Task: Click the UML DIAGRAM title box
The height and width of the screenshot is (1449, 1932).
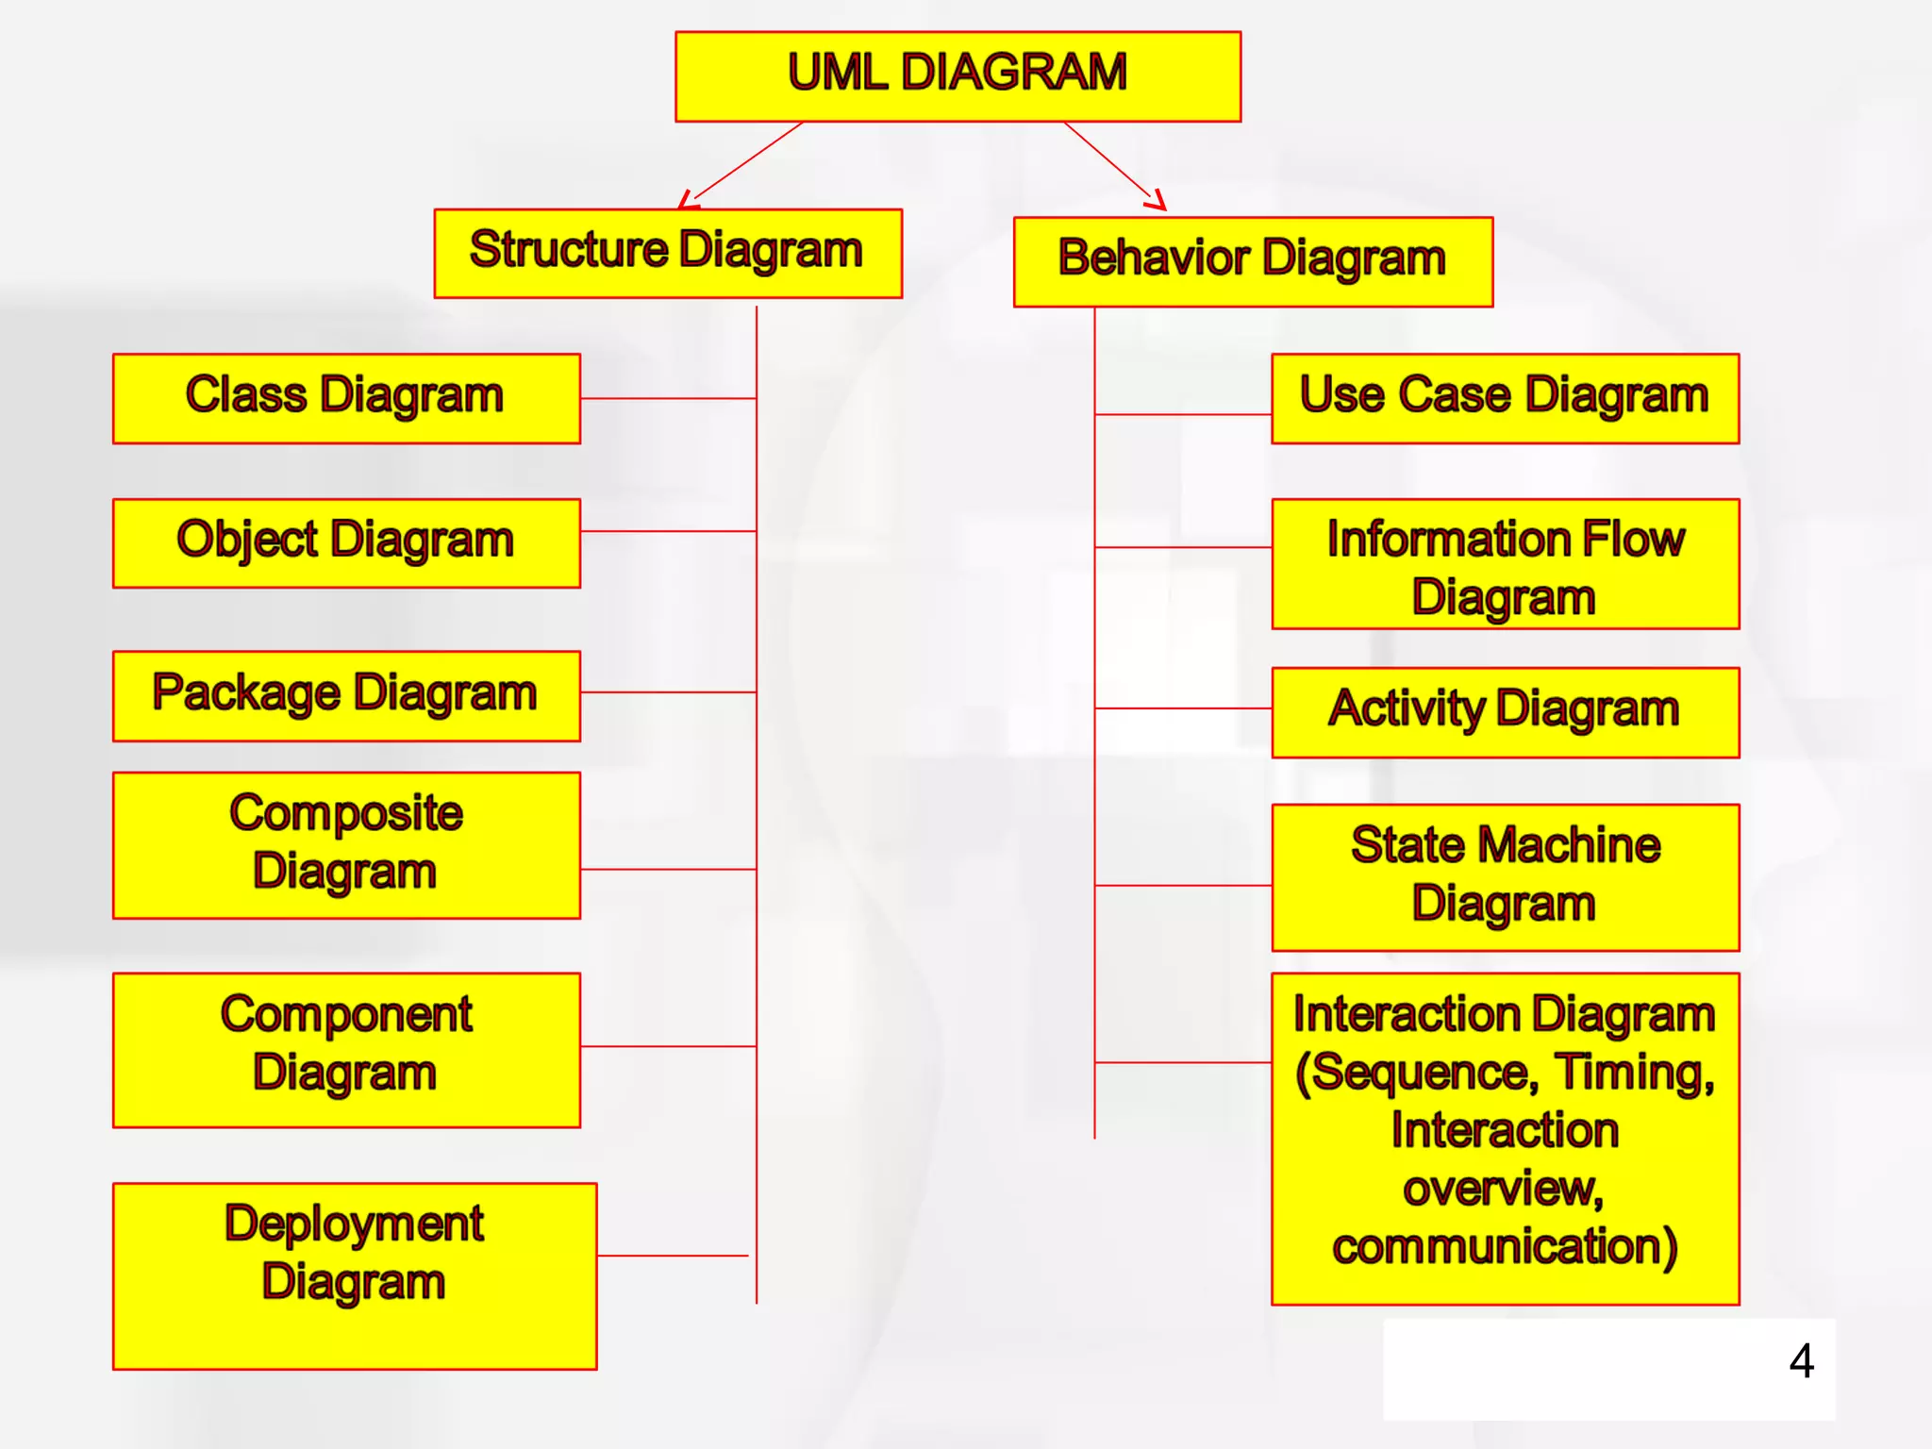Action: click(958, 75)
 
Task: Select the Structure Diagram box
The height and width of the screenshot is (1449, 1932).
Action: click(667, 253)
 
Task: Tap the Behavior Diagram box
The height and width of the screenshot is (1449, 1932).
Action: click(1252, 261)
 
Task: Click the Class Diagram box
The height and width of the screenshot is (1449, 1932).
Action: click(346, 398)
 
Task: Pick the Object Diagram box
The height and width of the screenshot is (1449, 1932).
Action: click(346, 542)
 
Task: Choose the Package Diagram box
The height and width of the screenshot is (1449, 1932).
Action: click(346, 695)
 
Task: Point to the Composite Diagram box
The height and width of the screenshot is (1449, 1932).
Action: click(346, 844)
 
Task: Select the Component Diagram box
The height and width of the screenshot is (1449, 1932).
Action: click(346, 1049)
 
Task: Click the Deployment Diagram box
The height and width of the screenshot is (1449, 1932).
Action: click(354, 1274)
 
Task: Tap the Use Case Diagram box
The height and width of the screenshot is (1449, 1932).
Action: click(1505, 398)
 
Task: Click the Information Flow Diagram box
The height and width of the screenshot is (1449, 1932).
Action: click(1505, 563)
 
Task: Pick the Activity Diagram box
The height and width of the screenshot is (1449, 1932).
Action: click(1505, 712)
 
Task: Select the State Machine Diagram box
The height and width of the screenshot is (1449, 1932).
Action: click(1505, 876)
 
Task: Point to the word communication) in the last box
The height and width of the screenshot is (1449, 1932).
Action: click(1505, 1247)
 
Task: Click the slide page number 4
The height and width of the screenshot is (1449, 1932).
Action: click(1801, 1361)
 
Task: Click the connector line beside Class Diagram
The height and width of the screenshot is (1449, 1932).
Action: click(668, 398)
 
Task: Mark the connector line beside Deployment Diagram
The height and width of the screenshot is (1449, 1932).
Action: click(673, 1256)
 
